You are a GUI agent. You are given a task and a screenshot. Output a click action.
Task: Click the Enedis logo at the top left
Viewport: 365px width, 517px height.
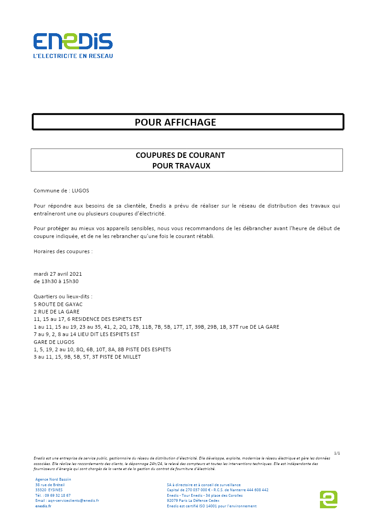(x=73, y=41)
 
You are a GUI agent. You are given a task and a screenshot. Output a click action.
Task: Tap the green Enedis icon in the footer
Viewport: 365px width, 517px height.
(x=328, y=499)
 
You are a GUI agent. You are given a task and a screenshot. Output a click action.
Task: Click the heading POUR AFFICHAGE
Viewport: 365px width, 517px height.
(x=175, y=122)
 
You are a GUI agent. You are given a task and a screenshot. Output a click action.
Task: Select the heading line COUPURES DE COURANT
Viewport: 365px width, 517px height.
(x=180, y=155)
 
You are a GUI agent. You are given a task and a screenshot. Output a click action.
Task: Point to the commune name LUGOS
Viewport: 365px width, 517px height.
(x=81, y=190)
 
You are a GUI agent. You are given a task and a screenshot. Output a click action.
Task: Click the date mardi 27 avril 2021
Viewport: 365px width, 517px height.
(x=58, y=273)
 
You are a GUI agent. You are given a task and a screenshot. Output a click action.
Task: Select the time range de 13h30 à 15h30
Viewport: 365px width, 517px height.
(x=56, y=281)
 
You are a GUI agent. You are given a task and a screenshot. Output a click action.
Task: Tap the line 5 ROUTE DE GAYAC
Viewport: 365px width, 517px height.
(x=58, y=304)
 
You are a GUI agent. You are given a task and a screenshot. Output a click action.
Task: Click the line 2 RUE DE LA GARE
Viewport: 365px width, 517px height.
(x=57, y=312)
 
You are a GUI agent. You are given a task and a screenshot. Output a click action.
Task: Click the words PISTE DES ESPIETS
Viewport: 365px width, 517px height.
(x=146, y=349)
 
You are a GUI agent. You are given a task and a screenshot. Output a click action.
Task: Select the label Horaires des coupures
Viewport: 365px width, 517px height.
(x=63, y=251)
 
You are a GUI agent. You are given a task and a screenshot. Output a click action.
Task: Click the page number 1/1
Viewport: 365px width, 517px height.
(x=337, y=453)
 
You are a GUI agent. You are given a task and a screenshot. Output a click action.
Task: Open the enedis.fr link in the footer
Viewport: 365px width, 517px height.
(x=43, y=506)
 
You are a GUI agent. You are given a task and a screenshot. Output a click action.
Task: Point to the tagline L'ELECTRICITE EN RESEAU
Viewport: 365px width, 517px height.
(x=73, y=56)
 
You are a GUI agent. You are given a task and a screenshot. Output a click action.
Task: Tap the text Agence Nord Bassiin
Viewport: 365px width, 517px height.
(x=53, y=479)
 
